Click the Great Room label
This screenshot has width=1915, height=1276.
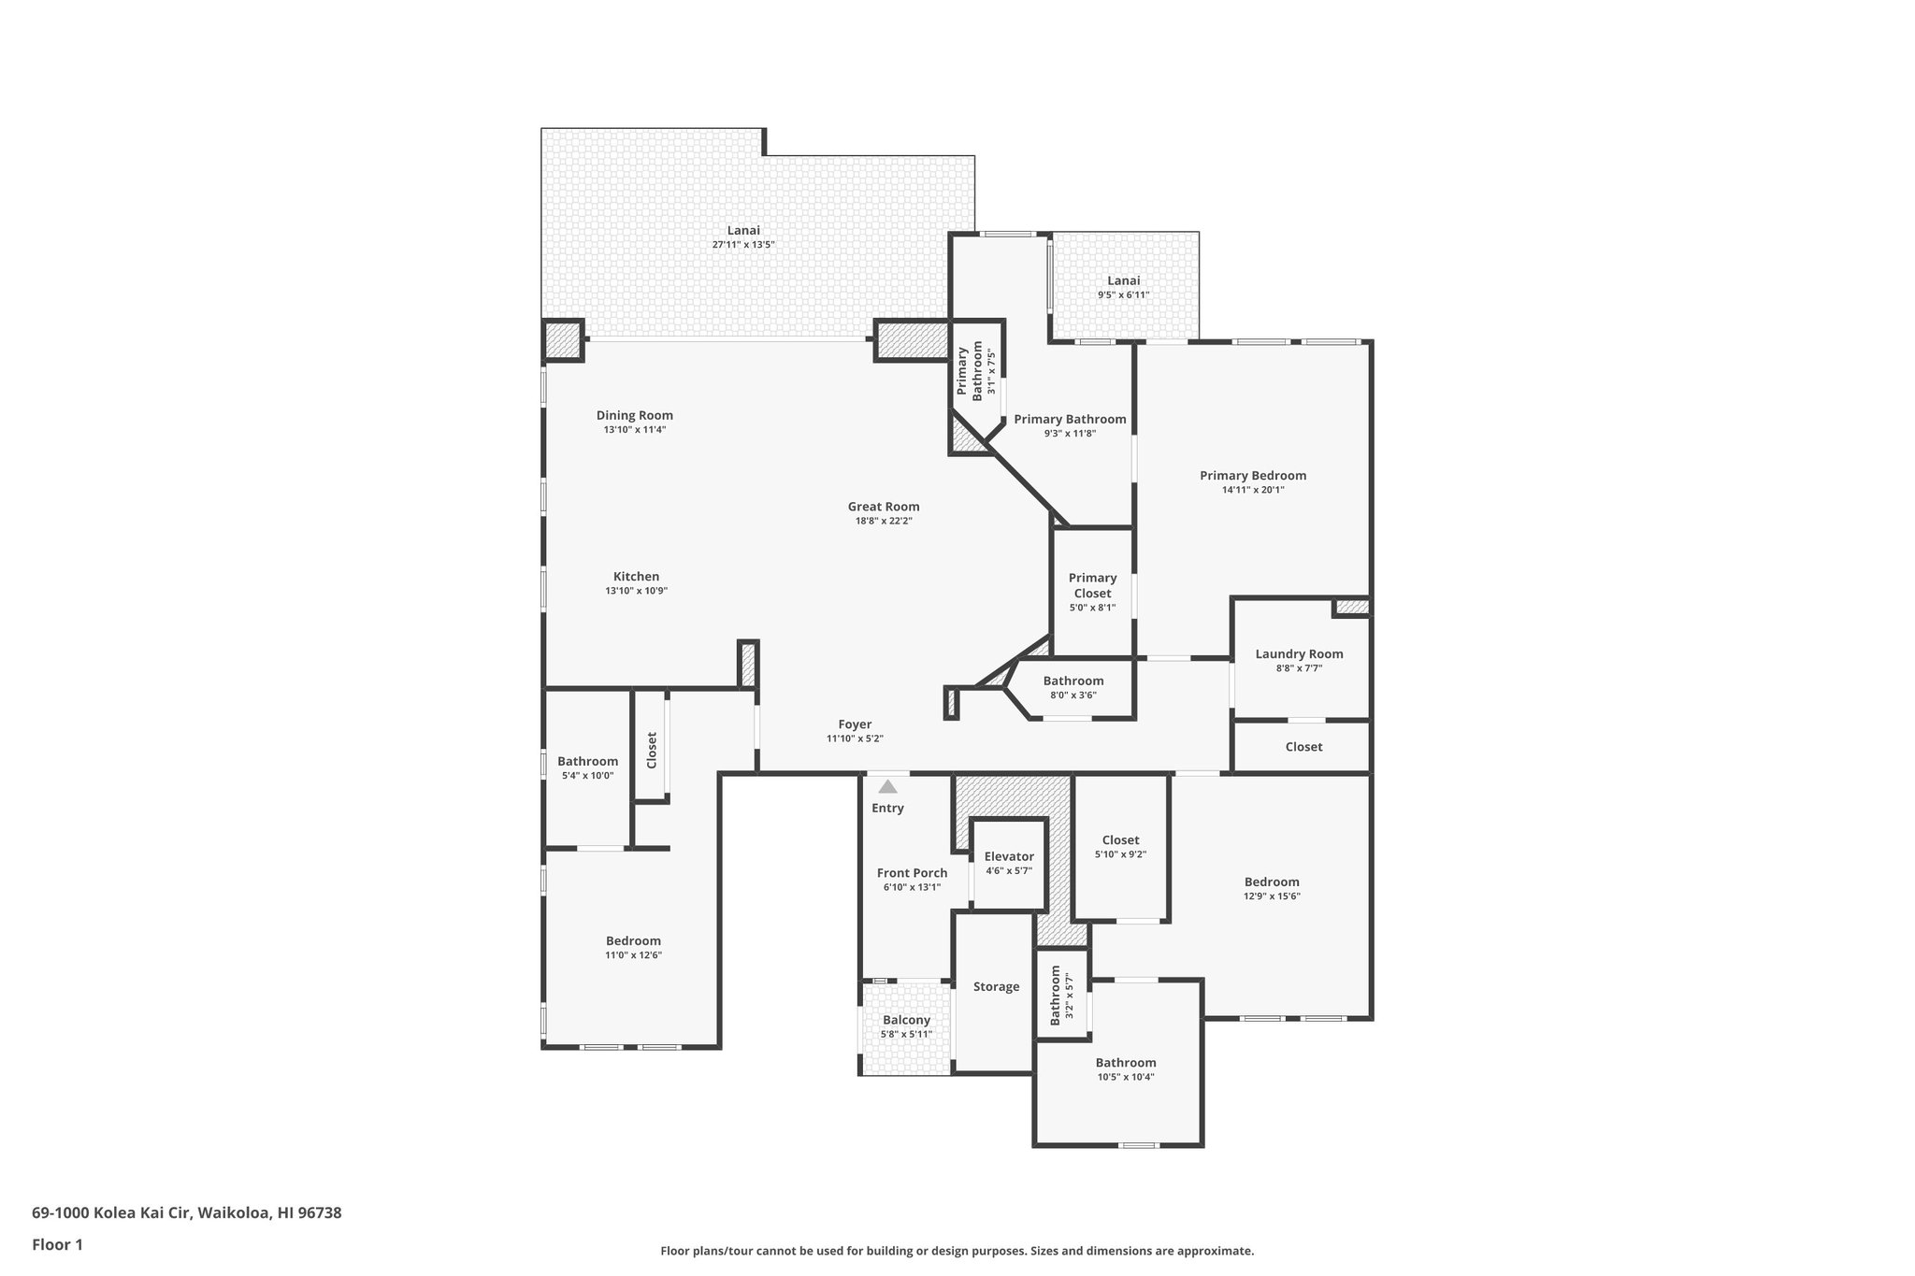[x=883, y=507]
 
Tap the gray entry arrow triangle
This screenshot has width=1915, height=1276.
[x=887, y=787]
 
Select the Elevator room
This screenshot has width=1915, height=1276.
[x=1008, y=863]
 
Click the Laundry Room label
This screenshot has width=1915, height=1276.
[x=1299, y=654]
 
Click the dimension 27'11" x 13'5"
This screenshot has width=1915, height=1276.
[x=743, y=245]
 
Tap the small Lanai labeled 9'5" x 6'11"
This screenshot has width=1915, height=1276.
[x=1123, y=287]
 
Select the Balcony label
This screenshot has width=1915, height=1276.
[x=906, y=1020]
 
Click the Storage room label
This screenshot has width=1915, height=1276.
[x=996, y=987]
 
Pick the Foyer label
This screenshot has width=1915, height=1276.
[x=855, y=724]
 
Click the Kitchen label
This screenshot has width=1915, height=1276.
[x=636, y=577]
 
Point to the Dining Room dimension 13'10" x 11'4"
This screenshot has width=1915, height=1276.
[x=634, y=430]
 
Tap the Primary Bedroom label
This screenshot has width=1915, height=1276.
[x=1253, y=476]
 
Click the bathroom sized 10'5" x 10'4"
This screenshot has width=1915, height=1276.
[x=1126, y=1068]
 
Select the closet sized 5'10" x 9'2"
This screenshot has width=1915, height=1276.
[x=1120, y=846]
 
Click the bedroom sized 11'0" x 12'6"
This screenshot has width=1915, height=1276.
[x=633, y=947]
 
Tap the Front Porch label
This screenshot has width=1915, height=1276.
[x=912, y=873]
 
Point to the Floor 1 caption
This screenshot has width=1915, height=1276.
[x=58, y=1244]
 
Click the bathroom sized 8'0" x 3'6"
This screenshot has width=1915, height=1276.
[x=1073, y=687]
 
